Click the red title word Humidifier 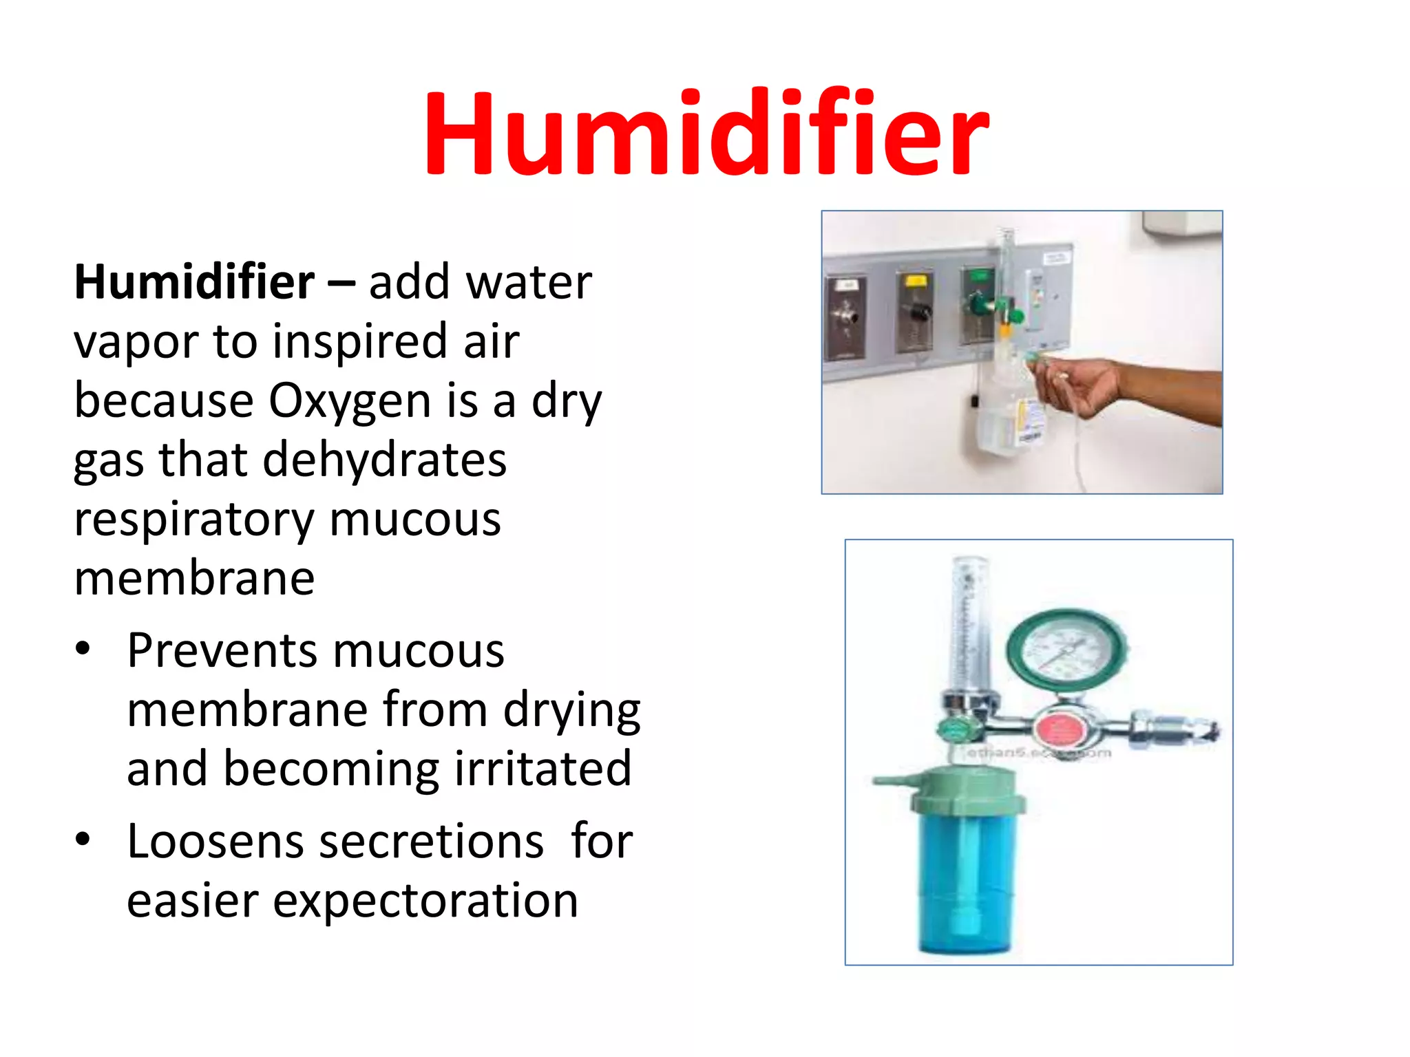pyautogui.click(x=706, y=134)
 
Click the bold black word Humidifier pyautogui.click(x=194, y=282)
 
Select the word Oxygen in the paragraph pyautogui.click(x=349, y=401)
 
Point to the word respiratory pyautogui.click(x=193, y=520)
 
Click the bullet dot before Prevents pyautogui.click(x=83, y=649)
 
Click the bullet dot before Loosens pyautogui.click(x=83, y=840)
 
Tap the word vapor pyautogui.click(x=135, y=342)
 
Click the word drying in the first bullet pyautogui.click(x=571, y=710)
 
